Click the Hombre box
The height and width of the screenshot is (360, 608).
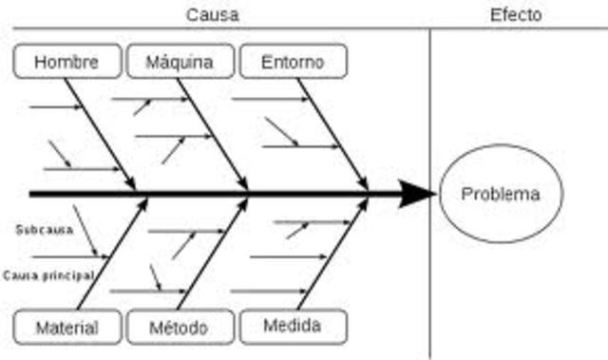(x=67, y=63)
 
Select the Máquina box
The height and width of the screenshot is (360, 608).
(x=180, y=63)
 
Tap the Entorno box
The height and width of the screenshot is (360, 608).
(x=293, y=62)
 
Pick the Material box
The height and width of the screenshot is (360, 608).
(x=67, y=328)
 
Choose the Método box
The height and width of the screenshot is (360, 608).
(x=179, y=328)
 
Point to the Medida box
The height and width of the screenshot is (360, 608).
(x=293, y=326)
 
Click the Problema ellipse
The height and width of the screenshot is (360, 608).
(x=500, y=195)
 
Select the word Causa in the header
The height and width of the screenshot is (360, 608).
(x=213, y=14)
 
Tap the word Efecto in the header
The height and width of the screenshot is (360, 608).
(x=516, y=14)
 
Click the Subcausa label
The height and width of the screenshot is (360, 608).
(x=44, y=229)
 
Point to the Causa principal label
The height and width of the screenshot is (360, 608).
(x=48, y=275)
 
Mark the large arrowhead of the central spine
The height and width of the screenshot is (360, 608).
(x=416, y=194)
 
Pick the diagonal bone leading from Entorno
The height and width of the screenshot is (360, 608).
(x=332, y=134)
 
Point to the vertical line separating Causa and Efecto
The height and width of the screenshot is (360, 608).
(x=431, y=114)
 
